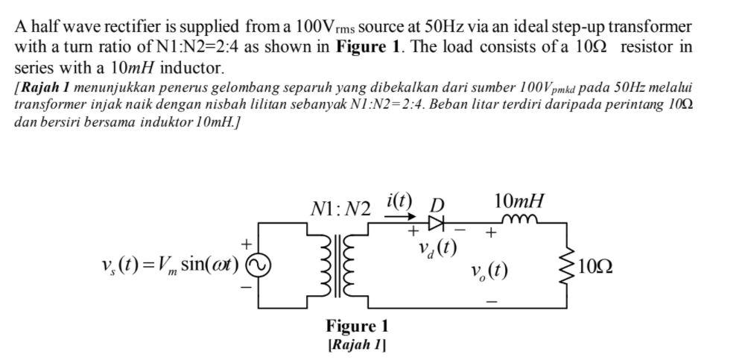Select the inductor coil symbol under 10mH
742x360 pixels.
tap(519, 218)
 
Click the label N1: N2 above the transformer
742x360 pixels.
tap(340, 209)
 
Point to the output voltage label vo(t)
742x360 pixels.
tap(490, 269)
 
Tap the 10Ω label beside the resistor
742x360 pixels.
tap(595, 267)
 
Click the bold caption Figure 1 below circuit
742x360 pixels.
tap(357, 326)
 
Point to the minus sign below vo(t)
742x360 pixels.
tap(491, 301)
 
